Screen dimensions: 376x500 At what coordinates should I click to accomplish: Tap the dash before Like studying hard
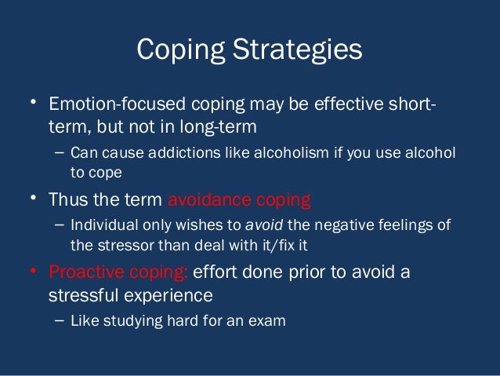[60, 321]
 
